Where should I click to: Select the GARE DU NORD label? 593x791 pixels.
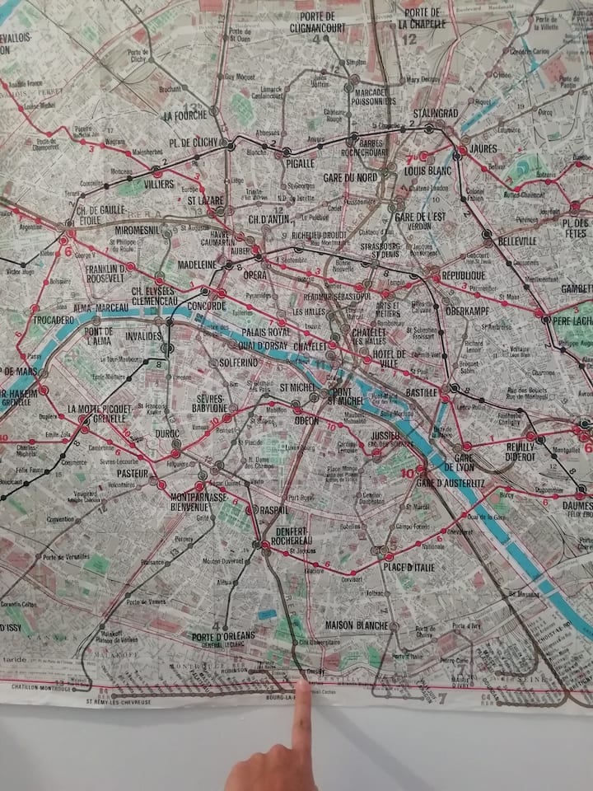(x=349, y=178)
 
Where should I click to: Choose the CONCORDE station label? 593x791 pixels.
(x=206, y=306)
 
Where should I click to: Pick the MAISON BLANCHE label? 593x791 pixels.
(x=357, y=625)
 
